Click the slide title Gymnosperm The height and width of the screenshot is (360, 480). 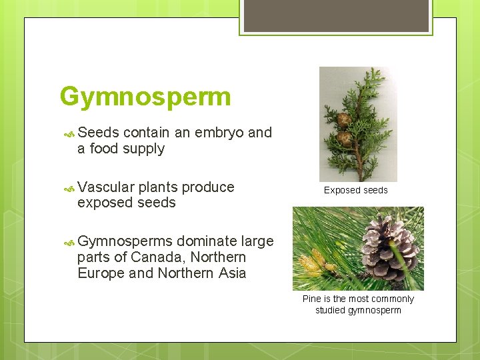click(x=145, y=97)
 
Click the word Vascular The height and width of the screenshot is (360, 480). click(x=106, y=187)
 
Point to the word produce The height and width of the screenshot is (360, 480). click(x=208, y=187)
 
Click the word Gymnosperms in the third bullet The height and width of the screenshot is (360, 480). click(x=125, y=241)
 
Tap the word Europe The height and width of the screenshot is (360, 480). click(x=99, y=273)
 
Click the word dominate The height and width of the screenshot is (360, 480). click(x=203, y=241)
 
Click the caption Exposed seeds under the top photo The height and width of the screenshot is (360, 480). click(x=355, y=191)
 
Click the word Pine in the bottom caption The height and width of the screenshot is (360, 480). click(x=312, y=299)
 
